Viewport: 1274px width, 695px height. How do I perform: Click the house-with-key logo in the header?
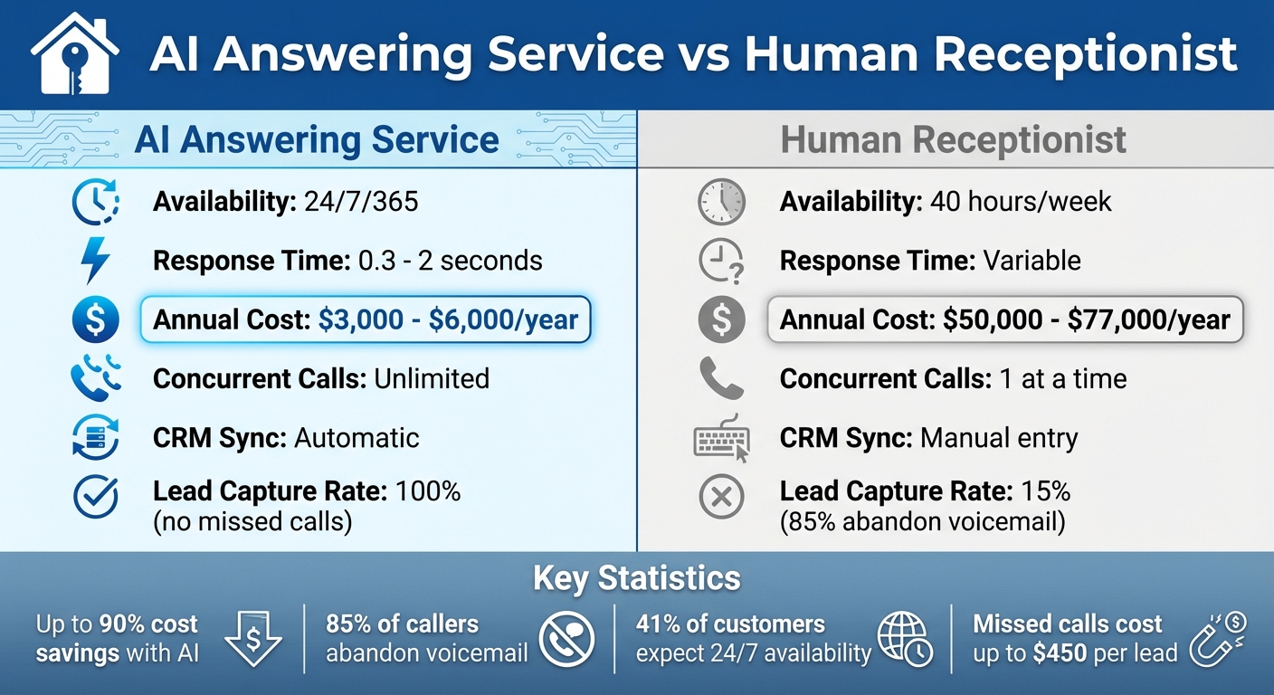click(74, 54)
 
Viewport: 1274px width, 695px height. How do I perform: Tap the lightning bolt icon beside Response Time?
click(94, 262)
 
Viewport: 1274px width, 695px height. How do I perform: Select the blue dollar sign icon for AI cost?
click(94, 320)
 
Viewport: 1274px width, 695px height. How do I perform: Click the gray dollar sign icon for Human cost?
click(721, 320)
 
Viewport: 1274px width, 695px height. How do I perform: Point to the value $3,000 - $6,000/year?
click(448, 320)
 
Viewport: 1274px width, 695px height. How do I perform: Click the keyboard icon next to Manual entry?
click(721, 440)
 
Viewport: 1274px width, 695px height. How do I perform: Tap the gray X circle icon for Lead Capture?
click(721, 497)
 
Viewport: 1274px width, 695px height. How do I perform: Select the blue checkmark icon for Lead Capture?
click(94, 497)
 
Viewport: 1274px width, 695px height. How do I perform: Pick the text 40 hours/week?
click(1021, 202)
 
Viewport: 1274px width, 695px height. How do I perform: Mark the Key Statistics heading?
click(636, 578)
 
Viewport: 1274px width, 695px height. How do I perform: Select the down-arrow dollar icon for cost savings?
click(253, 639)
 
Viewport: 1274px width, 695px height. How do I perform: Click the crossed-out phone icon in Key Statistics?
click(566, 639)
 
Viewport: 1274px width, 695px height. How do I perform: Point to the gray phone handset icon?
click(721, 378)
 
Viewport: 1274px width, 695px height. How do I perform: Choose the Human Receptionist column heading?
click(953, 140)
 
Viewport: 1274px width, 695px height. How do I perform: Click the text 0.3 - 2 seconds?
click(450, 262)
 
